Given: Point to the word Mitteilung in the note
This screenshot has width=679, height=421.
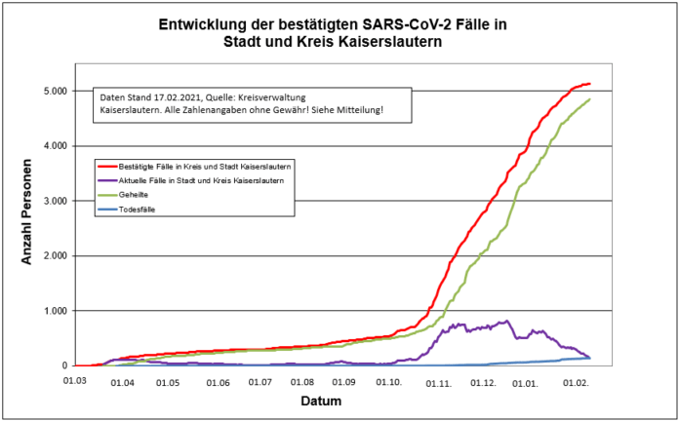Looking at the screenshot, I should (357, 111).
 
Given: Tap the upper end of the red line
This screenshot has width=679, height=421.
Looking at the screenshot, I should (589, 84).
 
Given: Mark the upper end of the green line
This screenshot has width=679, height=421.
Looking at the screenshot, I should (589, 99).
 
